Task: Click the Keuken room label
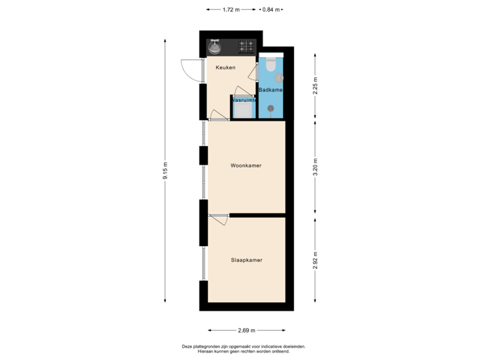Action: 225,67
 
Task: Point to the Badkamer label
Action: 271,90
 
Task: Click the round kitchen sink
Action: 215,47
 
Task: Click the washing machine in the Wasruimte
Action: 243,109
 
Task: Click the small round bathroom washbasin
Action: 279,77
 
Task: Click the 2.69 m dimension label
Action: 247,330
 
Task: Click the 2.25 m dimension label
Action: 316,87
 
